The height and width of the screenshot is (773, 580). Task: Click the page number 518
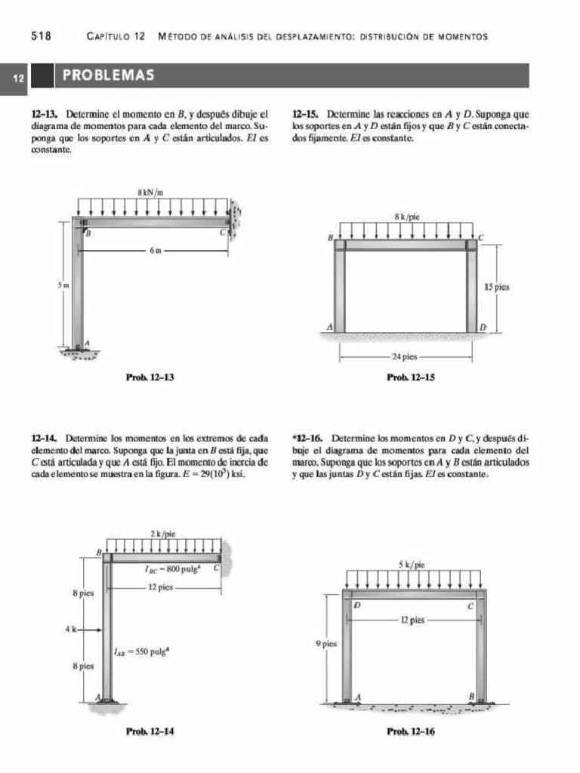[x=41, y=35]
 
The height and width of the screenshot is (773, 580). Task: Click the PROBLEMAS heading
[x=109, y=75]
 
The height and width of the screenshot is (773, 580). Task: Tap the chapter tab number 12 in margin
[x=17, y=77]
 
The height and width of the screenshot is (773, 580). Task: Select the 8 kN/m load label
[x=151, y=192]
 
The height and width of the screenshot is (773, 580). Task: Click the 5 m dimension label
[x=64, y=285]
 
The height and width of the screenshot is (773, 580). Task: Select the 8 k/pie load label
[x=406, y=217]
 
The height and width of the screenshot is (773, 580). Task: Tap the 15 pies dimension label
[x=496, y=288]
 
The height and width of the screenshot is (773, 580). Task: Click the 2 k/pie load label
[x=162, y=534]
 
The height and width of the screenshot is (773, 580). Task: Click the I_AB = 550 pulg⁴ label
[x=140, y=651]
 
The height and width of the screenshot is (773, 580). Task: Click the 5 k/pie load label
[x=412, y=564]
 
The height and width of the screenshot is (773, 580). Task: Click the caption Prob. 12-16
[x=410, y=731]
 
